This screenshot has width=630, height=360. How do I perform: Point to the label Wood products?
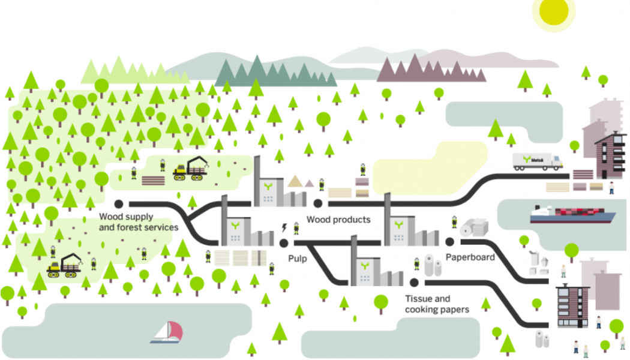[x=338, y=220]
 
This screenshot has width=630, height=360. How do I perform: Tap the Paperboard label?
[x=470, y=257]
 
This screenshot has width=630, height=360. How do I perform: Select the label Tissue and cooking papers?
[x=436, y=304]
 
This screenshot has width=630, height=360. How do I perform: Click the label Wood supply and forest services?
[x=139, y=222]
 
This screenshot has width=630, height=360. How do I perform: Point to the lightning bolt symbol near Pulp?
[x=284, y=227]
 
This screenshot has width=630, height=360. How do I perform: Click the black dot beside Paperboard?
[x=449, y=241]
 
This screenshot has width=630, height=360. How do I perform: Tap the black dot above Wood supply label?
[x=118, y=204]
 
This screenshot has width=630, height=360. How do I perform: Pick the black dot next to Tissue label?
[x=413, y=282]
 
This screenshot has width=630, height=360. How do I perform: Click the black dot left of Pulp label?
[x=284, y=242]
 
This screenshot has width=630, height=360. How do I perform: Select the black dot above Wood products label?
[x=318, y=204]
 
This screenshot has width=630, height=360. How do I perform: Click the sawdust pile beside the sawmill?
[x=295, y=181]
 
